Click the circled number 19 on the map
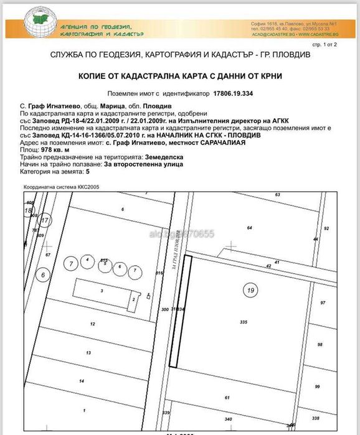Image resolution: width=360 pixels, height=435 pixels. pos(251,289)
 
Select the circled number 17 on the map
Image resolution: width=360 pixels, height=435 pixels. pos(44,220)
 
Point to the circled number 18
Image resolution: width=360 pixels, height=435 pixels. pos(27,211)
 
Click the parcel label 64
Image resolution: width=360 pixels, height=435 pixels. pos(250,229)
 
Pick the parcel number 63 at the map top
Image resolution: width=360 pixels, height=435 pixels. pos(277,195)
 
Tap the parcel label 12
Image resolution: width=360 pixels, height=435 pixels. pos(92,324)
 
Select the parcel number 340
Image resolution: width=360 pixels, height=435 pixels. pos(229,419)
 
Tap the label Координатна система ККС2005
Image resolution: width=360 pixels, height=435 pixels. pos(61,186)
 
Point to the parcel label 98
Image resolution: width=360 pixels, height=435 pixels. pos(320,344)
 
